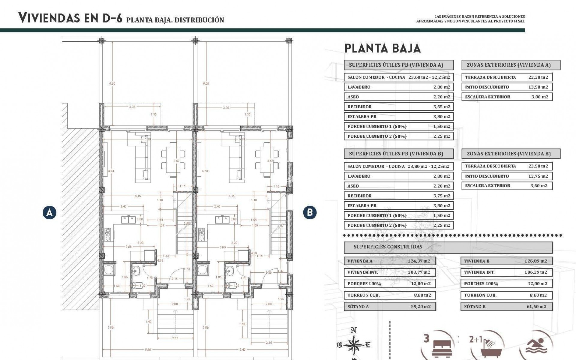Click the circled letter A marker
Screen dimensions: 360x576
point(49,213)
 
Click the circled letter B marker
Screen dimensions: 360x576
point(310,213)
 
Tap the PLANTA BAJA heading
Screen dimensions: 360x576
point(382,48)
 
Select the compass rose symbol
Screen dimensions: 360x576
point(354,345)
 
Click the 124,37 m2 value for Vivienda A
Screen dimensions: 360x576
point(419,261)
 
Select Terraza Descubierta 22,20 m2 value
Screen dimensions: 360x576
point(538,77)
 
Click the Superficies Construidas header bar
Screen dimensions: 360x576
point(448,247)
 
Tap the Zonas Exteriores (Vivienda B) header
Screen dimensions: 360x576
point(511,154)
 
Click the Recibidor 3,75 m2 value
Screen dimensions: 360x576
point(442,196)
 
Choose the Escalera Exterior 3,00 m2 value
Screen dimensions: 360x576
point(539,97)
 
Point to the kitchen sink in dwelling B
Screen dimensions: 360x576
point(222,220)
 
